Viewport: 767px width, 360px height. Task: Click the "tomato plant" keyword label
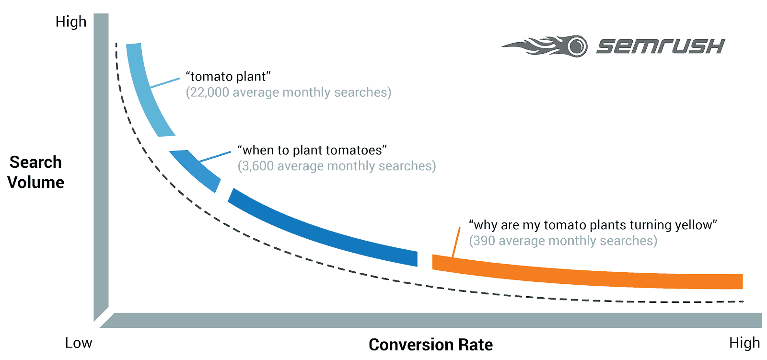click(x=228, y=76)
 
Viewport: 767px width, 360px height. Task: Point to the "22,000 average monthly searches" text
click(x=288, y=92)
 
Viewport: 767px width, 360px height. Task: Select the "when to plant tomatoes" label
click(x=312, y=150)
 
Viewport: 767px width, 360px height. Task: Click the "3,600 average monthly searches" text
click(x=337, y=166)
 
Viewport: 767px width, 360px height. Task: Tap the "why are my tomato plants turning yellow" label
click(x=593, y=225)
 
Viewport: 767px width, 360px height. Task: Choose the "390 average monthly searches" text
click(x=563, y=241)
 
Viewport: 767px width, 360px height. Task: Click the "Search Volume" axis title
click(x=35, y=172)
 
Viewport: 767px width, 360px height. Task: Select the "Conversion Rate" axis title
click(x=430, y=345)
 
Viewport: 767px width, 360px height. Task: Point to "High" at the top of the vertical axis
click(x=71, y=22)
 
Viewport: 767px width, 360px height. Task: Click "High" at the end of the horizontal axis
click(x=744, y=343)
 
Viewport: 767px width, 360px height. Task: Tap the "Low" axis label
click(x=79, y=343)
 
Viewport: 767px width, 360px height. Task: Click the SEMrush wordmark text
click(x=661, y=46)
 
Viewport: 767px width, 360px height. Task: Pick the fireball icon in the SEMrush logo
click(x=545, y=46)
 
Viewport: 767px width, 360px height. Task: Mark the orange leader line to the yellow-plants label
click(x=456, y=242)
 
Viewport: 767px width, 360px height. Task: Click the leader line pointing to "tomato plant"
click(x=165, y=83)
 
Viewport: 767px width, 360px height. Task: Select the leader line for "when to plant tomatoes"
click(x=215, y=157)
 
